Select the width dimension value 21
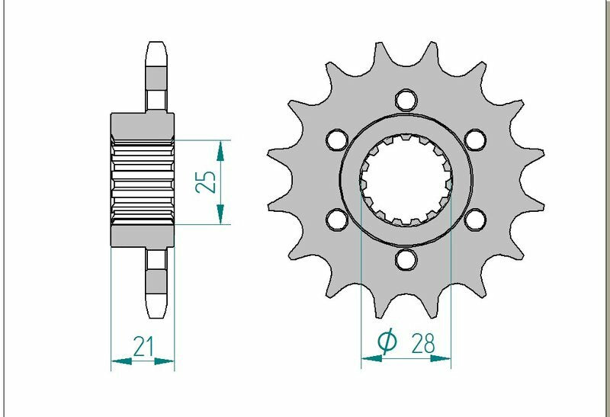coord(143,346)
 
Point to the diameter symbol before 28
coord(387,344)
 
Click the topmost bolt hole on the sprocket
coord(406,101)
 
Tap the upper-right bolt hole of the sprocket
coord(475,140)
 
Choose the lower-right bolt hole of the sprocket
coord(475,220)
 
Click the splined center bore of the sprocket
coord(406,181)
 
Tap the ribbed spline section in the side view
coord(143,181)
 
